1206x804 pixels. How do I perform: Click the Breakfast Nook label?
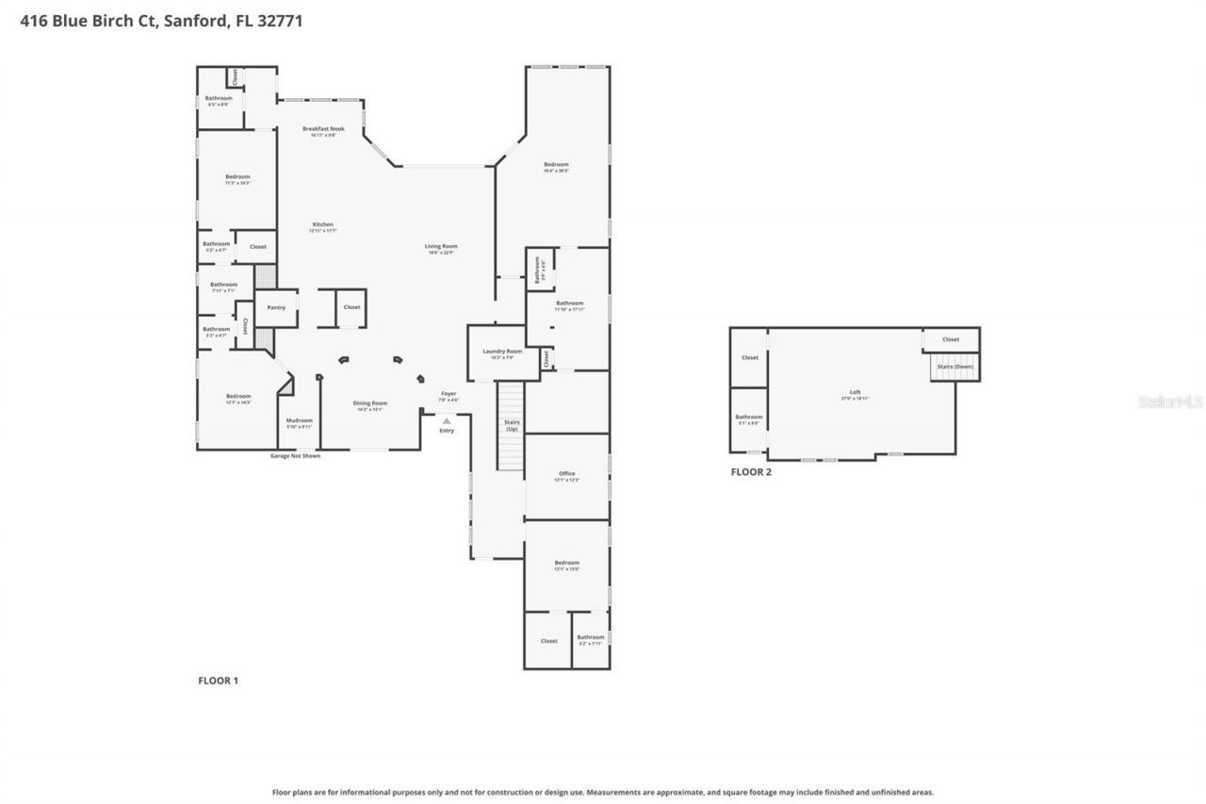pos(323,129)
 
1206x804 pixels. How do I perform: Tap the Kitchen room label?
pos(323,225)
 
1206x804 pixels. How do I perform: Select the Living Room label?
pos(441,247)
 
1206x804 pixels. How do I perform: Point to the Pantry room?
pos(276,307)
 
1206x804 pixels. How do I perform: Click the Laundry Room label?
pos(501,353)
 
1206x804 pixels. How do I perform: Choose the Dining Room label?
pos(370,404)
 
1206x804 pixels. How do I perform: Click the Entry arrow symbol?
pos(447,421)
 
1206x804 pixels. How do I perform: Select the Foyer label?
pos(448,395)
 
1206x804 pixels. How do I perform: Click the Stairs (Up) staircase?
pos(511,426)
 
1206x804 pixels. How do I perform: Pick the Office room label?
pos(566,475)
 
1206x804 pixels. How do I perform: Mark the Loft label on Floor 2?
pos(855,394)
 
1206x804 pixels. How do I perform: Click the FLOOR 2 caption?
pos(751,472)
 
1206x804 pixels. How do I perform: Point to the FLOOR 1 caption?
pos(218,680)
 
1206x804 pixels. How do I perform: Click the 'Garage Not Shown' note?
pos(295,455)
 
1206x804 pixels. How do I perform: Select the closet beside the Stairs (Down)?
pos(951,339)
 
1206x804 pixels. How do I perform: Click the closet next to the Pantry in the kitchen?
pos(351,307)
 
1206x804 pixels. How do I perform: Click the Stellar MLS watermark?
pos(1170,402)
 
